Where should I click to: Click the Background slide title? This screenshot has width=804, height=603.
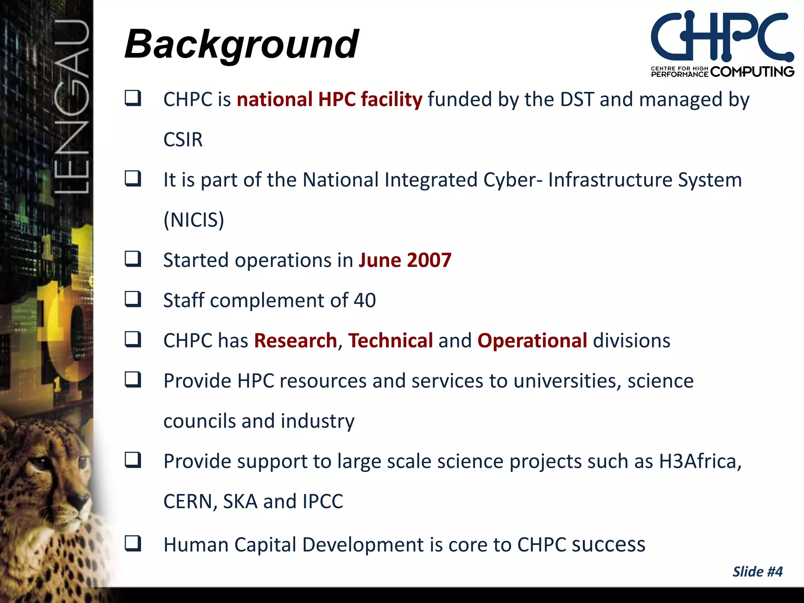click(241, 44)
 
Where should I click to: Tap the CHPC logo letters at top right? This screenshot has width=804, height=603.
click(722, 36)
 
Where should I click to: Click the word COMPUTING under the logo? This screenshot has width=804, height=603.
click(752, 72)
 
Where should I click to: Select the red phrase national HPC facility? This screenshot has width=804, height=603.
click(329, 99)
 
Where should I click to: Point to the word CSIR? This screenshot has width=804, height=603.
click(183, 140)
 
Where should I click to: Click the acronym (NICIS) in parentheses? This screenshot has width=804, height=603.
click(194, 220)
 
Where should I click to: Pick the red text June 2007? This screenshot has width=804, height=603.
click(405, 260)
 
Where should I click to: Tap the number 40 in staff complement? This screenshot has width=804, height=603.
click(365, 301)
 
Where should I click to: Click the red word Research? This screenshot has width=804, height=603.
click(295, 341)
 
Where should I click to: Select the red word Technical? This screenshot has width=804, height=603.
click(391, 341)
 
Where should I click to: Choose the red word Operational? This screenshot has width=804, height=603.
click(532, 341)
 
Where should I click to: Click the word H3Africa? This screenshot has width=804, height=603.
click(700, 462)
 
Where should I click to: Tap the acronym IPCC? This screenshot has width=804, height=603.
click(323, 502)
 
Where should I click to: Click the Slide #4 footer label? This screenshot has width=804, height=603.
click(757, 572)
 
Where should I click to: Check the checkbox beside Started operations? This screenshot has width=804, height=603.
click(133, 259)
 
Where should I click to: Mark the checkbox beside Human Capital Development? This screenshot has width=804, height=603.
click(133, 544)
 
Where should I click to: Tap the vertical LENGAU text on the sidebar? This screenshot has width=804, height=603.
click(71, 106)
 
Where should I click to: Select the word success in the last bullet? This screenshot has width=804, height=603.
click(608, 545)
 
